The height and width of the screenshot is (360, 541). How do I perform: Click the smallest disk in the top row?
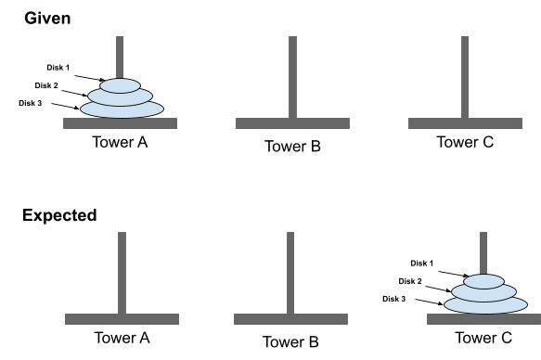point(120,85)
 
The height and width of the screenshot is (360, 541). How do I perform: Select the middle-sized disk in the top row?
point(120,97)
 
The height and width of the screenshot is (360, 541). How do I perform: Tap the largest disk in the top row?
point(122,110)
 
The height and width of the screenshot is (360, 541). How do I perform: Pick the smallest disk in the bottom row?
point(483,281)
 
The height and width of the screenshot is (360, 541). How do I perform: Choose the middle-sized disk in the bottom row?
point(483,293)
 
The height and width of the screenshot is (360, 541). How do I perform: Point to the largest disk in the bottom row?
point(485,305)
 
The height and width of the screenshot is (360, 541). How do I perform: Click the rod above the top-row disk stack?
point(120,56)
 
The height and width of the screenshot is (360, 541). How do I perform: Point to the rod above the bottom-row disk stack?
point(483,251)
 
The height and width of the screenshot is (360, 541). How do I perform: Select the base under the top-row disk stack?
point(120,123)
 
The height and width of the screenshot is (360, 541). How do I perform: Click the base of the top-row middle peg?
point(292,123)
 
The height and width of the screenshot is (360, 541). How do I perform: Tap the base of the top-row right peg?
point(465,123)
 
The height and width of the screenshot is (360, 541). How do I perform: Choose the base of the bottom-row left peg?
point(122,319)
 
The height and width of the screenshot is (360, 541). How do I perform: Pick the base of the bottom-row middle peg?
point(290,319)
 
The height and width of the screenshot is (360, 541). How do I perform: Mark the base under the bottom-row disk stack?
point(483,319)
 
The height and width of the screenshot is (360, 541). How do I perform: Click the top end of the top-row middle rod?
point(292,39)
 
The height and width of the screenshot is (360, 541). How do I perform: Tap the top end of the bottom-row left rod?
point(122,235)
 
